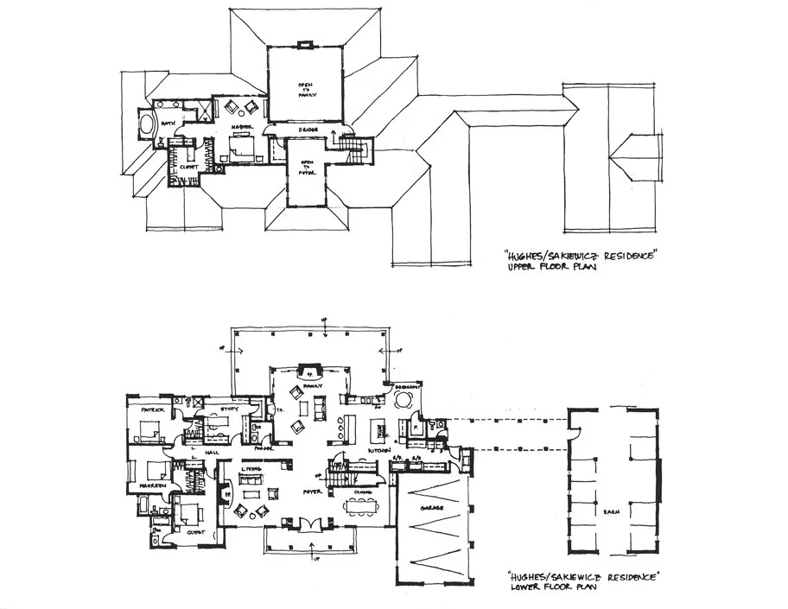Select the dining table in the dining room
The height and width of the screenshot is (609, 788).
[x=359, y=504]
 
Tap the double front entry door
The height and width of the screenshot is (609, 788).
[x=308, y=523]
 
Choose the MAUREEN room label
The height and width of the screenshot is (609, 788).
[x=143, y=488]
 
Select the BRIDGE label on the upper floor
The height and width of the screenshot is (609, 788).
[x=308, y=130]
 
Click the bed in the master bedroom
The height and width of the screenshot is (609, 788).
[x=238, y=150]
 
